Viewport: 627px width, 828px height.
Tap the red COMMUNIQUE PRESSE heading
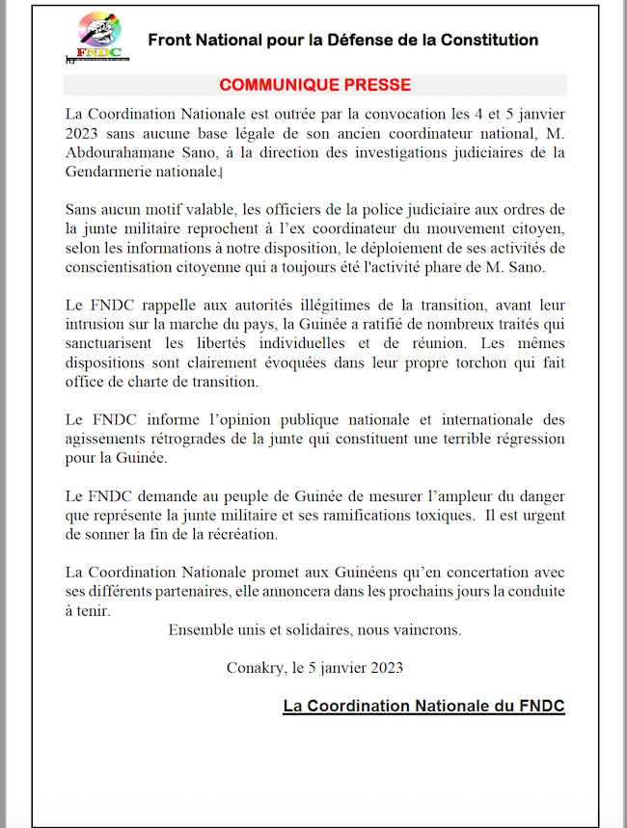[314, 85]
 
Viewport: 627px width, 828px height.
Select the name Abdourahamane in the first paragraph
[113, 152]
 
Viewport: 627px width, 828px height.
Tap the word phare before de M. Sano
[463, 267]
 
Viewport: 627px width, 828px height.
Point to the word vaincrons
[423, 630]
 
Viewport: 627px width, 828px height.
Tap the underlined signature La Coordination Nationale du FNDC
[423, 706]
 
